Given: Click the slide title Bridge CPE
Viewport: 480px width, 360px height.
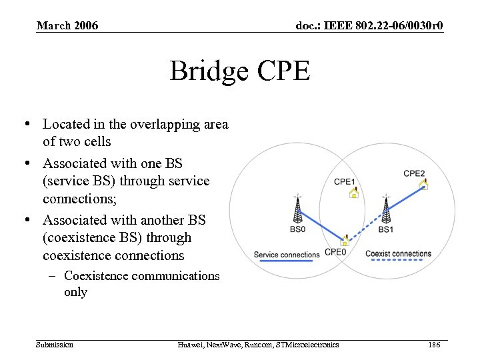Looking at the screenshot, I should coord(239,71).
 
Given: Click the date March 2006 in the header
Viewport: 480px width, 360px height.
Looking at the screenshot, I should coord(67,26).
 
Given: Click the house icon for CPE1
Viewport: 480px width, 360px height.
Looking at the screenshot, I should coord(353,193).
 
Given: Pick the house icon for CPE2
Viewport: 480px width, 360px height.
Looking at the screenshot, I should coord(423,185).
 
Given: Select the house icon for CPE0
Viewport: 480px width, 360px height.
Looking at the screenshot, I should coord(345,240).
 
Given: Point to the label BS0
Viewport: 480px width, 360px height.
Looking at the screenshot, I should coord(298,229).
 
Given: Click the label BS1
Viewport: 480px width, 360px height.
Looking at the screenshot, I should coord(385,229).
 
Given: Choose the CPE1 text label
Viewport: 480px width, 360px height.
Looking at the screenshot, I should coord(344,181).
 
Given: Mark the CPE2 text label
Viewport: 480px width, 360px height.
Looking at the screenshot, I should coord(414,173).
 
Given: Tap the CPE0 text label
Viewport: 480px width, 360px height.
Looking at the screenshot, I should coord(335,252).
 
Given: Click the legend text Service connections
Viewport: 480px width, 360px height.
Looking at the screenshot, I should coord(287,255).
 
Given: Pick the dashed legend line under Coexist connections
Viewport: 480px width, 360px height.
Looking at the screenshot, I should coord(398,261).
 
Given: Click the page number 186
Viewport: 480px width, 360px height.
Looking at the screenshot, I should coord(435,345).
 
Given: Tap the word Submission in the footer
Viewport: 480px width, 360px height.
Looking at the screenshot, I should coord(55,345).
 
